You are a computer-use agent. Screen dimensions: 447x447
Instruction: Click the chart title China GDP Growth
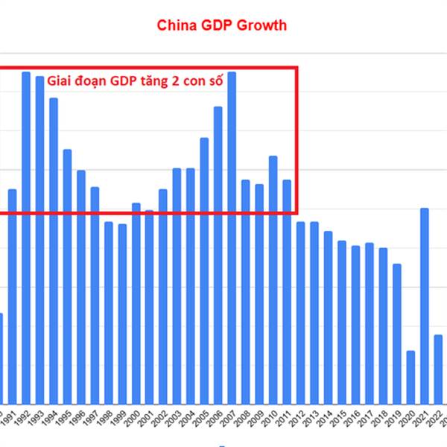pyautogui.click(x=221, y=25)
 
